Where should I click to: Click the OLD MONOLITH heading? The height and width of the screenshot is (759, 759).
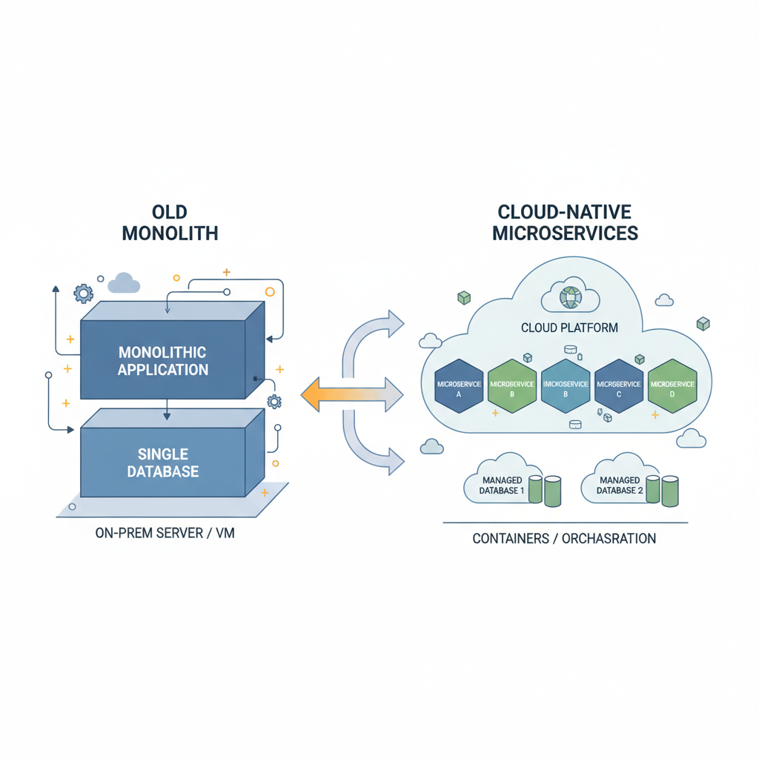170,222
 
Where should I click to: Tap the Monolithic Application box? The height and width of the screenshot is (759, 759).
163,360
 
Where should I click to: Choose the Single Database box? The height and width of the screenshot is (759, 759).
163,462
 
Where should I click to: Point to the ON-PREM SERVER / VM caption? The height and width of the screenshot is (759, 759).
165,533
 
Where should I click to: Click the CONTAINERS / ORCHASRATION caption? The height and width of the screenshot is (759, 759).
564,539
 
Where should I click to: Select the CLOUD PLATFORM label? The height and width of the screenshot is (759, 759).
569,327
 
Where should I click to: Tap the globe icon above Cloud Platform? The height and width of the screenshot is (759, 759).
570,298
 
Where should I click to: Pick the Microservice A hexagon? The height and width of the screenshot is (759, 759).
458,385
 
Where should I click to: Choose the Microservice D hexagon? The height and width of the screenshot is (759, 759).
672,385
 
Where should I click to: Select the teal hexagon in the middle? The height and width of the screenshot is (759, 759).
566,385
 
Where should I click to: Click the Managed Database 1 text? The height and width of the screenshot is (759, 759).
502,485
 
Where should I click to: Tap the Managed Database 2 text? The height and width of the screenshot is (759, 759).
620,485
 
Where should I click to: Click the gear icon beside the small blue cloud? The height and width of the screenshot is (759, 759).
83,293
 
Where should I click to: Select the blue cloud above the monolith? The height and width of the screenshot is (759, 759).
124,283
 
